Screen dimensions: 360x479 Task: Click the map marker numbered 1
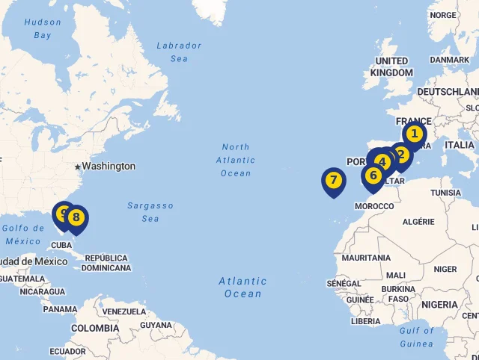click(x=414, y=134)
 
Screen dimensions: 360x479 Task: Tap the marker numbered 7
click(x=333, y=180)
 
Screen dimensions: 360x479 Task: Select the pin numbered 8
click(x=76, y=217)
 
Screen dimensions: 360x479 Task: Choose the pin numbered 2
click(x=402, y=155)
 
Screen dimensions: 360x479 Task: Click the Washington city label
click(x=109, y=166)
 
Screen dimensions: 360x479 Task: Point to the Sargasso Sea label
click(x=150, y=211)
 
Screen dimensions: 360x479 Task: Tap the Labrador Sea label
click(x=179, y=52)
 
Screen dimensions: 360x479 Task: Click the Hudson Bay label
click(x=43, y=28)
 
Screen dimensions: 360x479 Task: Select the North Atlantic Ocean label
click(x=236, y=160)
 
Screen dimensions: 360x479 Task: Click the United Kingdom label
click(x=391, y=66)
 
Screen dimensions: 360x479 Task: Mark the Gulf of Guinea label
click(x=416, y=337)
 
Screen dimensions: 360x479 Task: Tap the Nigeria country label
click(x=439, y=305)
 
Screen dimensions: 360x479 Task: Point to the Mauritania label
click(x=366, y=258)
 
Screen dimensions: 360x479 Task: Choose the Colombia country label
click(x=95, y=328)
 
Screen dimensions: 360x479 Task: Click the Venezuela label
click(x=124, y=311)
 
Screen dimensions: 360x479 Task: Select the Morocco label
click(x=373, y=205)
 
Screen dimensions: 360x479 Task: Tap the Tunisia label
click(x=445, y=192)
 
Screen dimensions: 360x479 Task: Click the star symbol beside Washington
click(x=77, y=166)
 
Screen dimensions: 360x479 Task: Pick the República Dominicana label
click(x=106, y=263)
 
